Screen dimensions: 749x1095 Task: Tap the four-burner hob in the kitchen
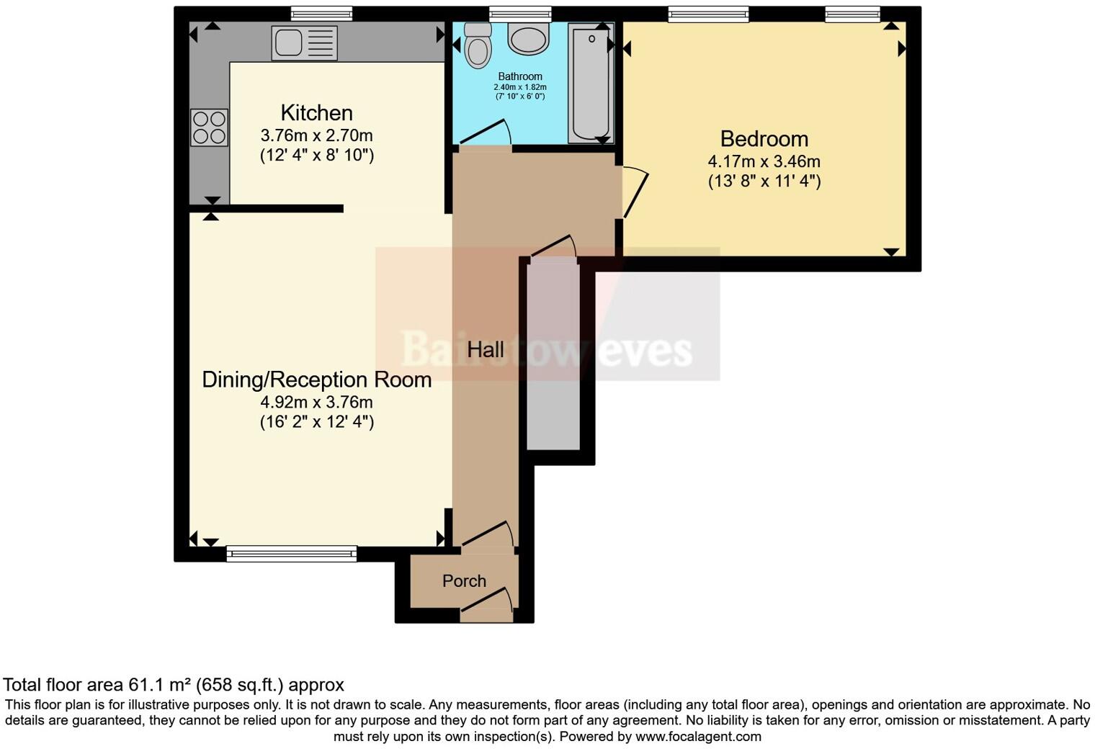(209, 127)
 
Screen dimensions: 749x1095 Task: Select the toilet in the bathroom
(476, 45)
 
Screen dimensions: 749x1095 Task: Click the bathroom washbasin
(529, 37)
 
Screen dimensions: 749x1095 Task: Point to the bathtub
(590, 82)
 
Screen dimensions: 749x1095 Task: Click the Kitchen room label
(316, 113)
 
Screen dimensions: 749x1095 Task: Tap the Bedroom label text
(764, 139)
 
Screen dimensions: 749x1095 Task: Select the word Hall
(485, 350)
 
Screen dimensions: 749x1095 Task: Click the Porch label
(464, 580)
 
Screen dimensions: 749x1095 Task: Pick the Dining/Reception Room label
(316, 380)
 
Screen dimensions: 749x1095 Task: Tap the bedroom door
(635, 192)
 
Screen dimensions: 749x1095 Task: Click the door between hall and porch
(488, 535)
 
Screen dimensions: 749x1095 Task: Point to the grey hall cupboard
(553, 356)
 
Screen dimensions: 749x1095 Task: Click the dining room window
(291, 553)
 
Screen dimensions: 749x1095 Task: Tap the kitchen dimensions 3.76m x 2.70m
(316, 135)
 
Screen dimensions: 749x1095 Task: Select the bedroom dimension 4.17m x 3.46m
(764, 162)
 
